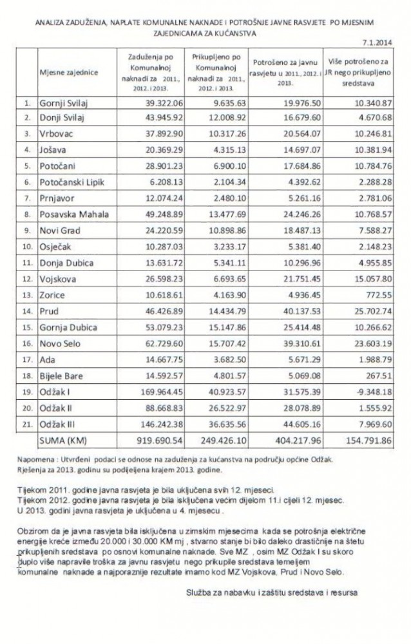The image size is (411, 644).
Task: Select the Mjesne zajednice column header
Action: pos(69,72)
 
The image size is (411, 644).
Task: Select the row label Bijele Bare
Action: pos(63,378)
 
